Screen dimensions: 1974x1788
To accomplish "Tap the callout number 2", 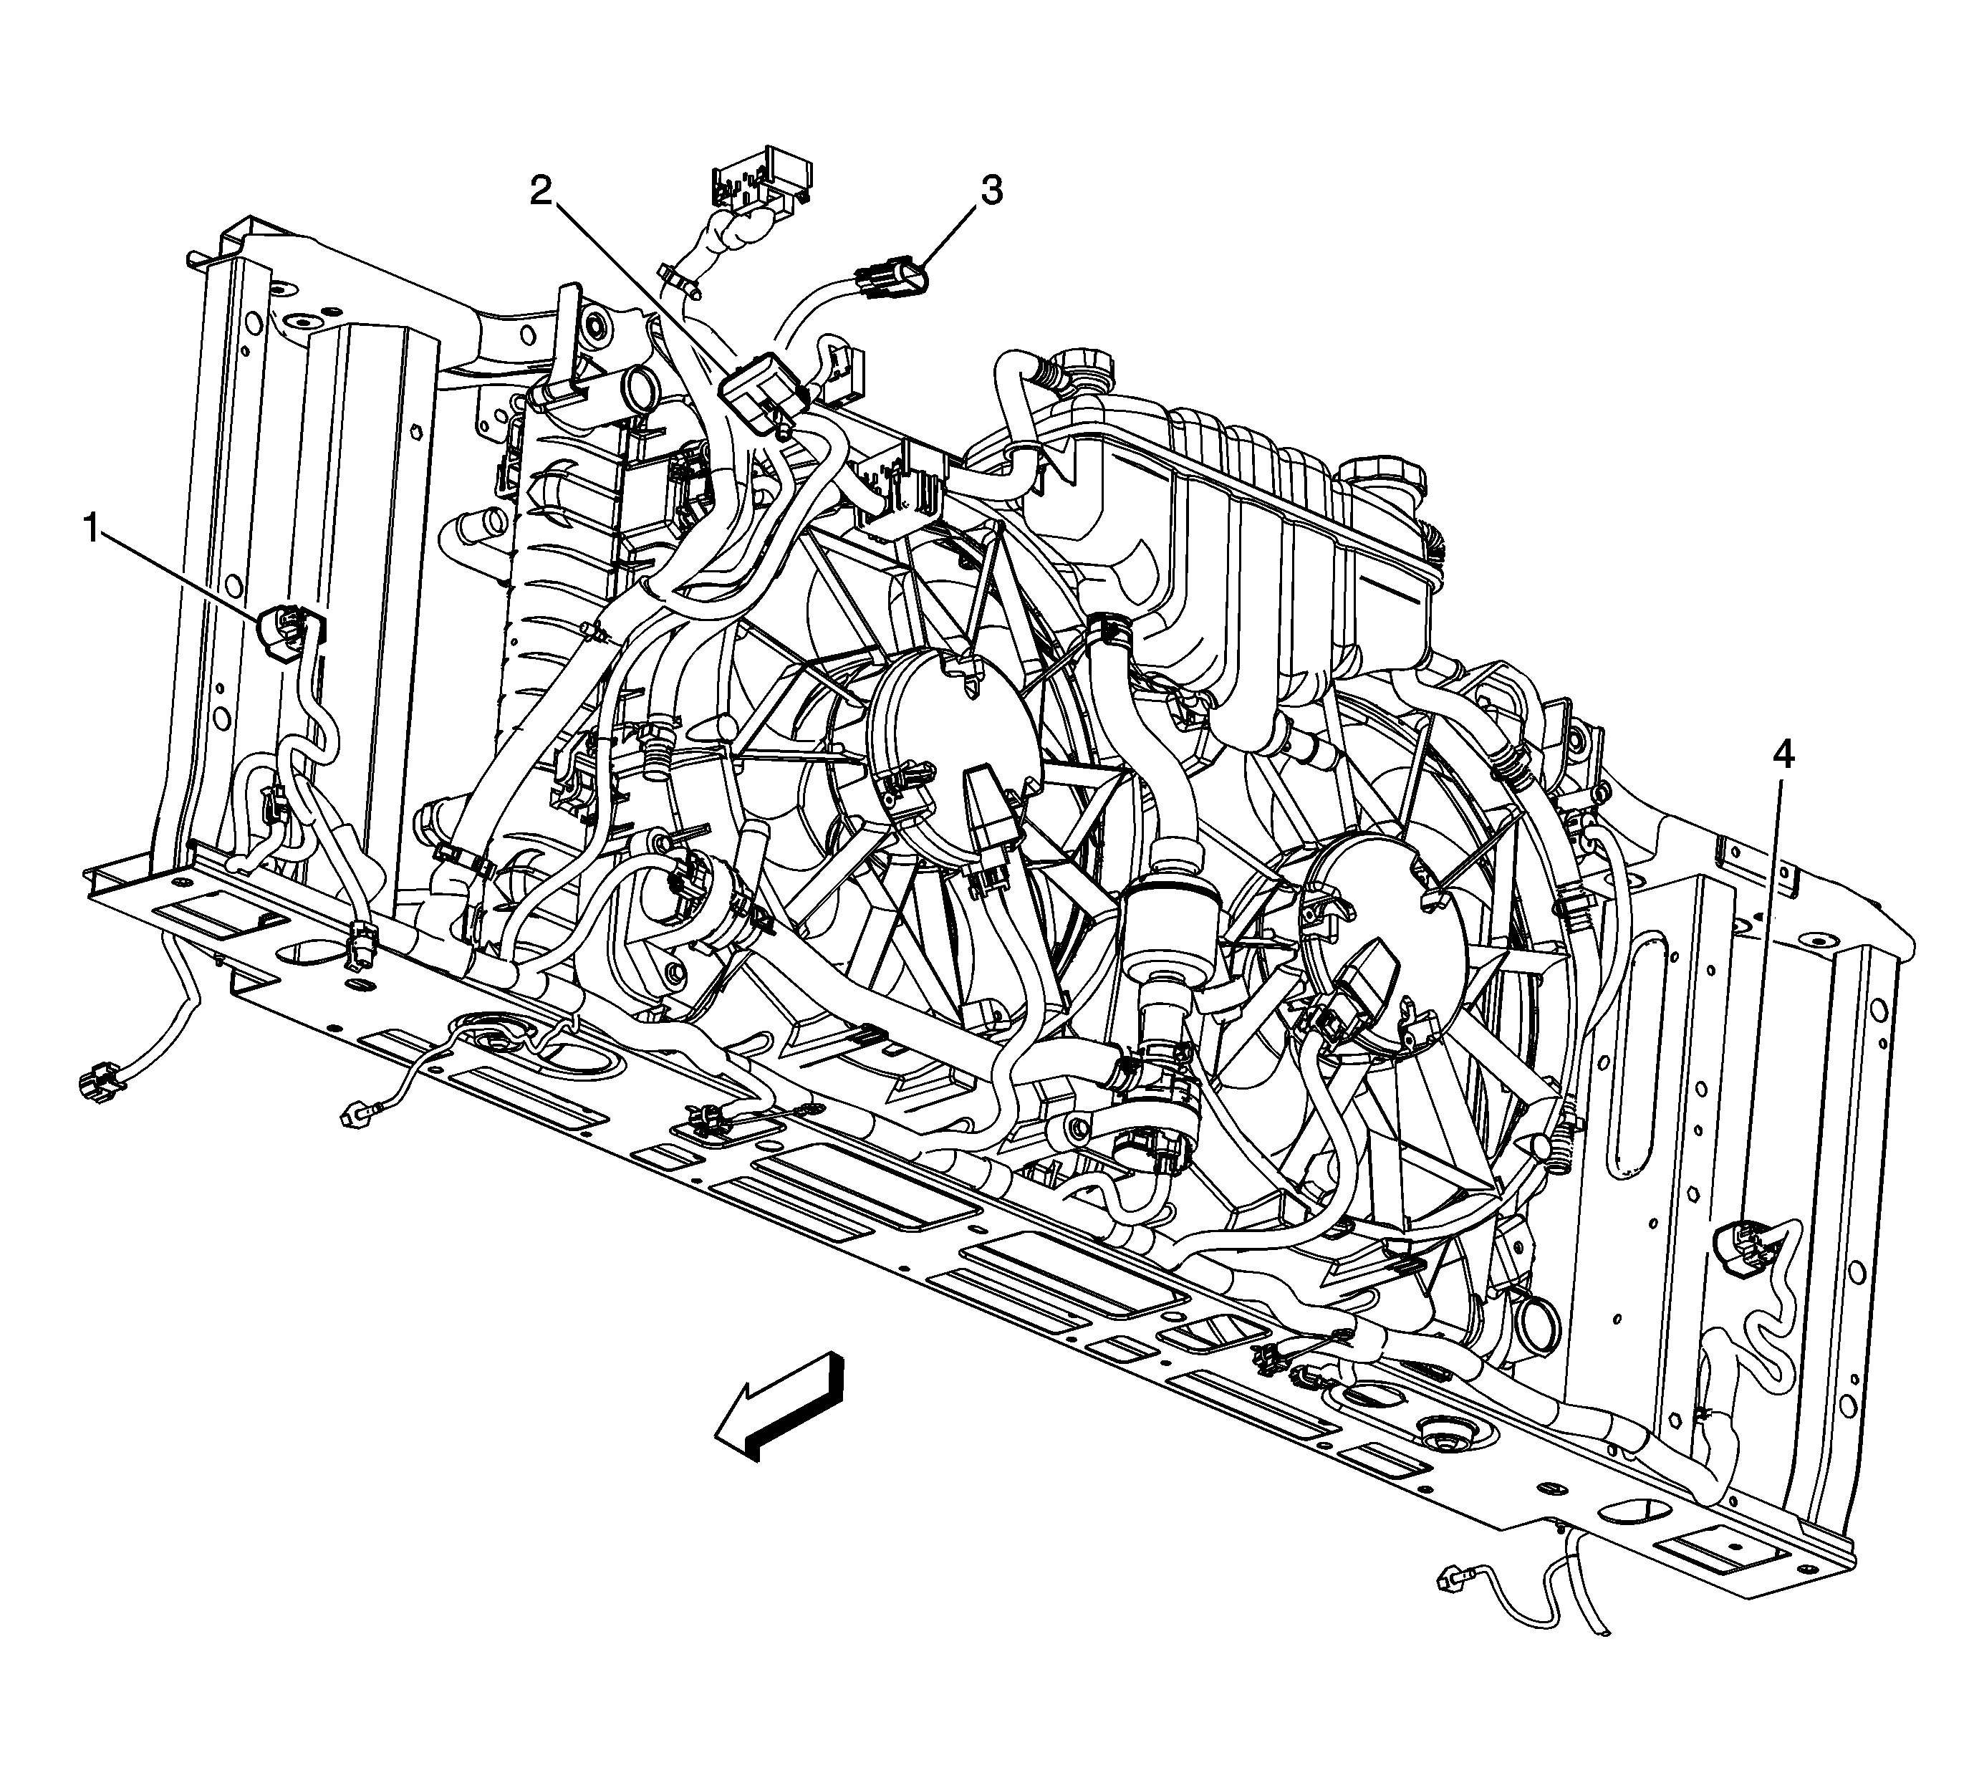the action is coord(541,191).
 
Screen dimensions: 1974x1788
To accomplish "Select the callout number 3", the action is coord(992,191).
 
